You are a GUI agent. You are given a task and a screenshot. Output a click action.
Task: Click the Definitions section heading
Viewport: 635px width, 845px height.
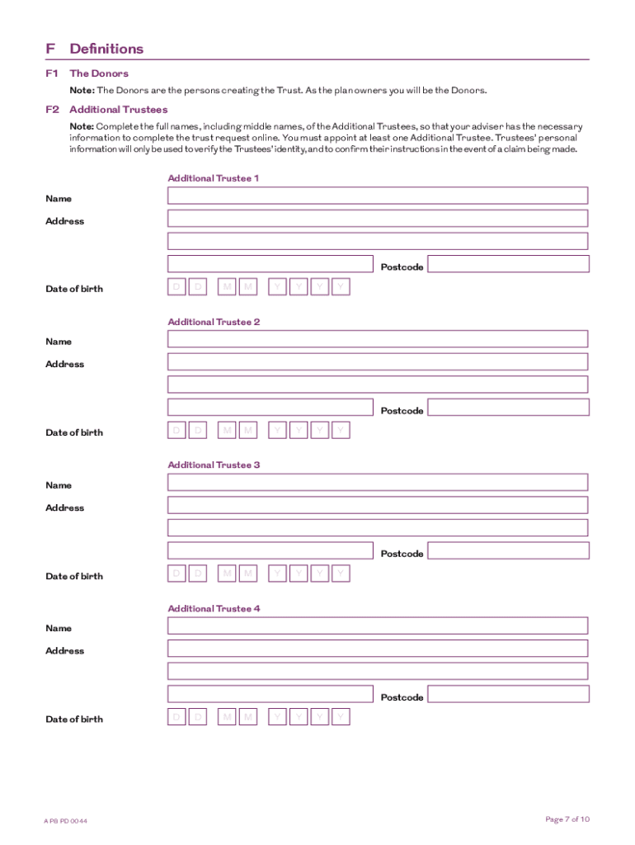106,49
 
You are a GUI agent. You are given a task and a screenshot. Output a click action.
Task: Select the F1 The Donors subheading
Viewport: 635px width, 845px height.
98,73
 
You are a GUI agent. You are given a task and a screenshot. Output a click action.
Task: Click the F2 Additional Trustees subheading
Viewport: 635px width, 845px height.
118,109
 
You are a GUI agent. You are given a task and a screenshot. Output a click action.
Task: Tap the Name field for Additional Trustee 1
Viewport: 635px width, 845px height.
378,196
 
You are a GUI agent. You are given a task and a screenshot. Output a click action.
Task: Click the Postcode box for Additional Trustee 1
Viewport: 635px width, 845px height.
508,264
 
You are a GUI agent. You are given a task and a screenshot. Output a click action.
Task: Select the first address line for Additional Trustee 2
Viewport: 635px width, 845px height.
378,361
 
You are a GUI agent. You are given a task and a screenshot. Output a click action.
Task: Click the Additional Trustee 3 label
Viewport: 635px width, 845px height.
214,465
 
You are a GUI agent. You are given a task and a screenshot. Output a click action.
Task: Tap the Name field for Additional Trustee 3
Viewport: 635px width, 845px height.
378,482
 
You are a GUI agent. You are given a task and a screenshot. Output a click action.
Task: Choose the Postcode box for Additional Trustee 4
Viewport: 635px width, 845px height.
508,694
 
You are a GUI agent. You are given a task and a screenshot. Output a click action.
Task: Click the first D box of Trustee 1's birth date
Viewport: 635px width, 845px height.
176,286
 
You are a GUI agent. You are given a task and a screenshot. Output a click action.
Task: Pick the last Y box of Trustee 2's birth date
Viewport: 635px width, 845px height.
341,430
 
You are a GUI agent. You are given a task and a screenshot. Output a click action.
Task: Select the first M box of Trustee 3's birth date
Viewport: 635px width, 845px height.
226,574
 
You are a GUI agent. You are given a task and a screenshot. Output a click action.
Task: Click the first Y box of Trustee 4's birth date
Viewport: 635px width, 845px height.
278,717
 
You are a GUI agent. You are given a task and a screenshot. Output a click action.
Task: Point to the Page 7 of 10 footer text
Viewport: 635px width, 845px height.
567,819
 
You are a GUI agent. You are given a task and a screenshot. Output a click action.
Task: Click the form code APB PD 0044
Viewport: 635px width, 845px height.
66,821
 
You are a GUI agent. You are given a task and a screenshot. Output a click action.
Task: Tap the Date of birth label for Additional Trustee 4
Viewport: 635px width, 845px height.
74,719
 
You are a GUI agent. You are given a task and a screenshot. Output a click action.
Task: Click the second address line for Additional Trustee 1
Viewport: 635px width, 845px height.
378,241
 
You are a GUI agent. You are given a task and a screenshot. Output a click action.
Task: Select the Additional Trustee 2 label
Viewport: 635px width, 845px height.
214,322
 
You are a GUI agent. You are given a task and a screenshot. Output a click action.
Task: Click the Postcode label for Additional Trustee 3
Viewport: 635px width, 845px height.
402,554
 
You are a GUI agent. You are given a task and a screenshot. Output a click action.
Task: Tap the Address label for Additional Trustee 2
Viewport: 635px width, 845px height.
64,364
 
